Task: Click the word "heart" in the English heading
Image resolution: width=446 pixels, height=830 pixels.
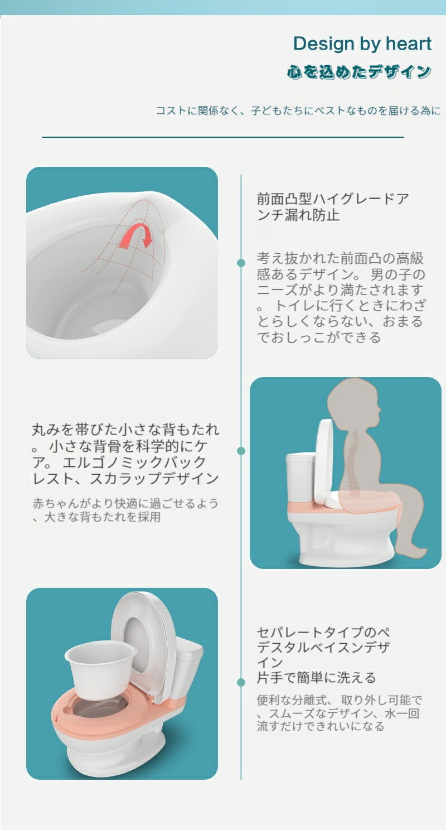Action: [409, 44]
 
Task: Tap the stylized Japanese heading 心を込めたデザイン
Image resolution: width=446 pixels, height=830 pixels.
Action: [359, 72]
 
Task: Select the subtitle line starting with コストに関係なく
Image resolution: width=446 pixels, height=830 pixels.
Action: [299, 110]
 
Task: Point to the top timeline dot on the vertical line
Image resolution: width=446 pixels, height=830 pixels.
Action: [241, 263]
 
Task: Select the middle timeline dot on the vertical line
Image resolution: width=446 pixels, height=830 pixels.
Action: [241, 451]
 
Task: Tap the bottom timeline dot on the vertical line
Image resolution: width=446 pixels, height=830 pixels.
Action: [241, 682]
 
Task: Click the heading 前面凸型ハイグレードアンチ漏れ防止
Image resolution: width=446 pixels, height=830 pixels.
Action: [333, 207]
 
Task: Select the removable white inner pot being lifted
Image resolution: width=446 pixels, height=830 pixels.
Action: [100, 667]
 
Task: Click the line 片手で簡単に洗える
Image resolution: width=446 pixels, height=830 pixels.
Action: [316, 677]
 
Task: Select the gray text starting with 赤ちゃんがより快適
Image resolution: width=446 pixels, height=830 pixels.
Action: [125, 510]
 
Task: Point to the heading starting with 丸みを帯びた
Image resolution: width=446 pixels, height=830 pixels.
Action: [125, 454]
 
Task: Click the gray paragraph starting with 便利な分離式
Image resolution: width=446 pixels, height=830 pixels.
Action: [338, 713]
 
